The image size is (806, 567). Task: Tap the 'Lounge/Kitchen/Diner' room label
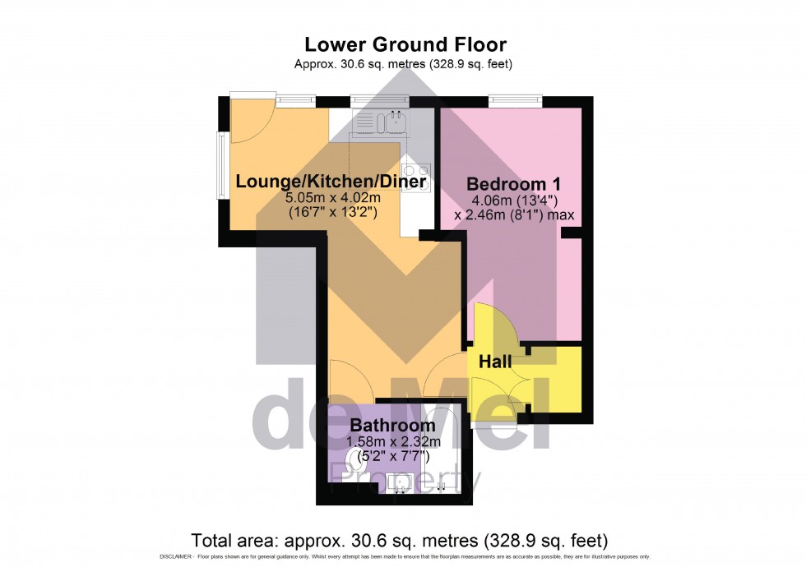click(x=331, y=182)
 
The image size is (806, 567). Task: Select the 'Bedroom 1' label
click(x=507, y=183)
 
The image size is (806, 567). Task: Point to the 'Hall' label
click(x=495, y=362)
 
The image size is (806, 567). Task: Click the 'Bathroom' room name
click(x=392, y=426)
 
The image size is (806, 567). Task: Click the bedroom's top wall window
click(x=516, y=100)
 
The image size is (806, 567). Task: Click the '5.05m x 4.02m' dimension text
click(x=332, y=198)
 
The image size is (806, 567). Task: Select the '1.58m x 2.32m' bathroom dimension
click(x=392, y=442)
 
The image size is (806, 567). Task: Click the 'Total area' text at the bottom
click(x=400, y=541)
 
